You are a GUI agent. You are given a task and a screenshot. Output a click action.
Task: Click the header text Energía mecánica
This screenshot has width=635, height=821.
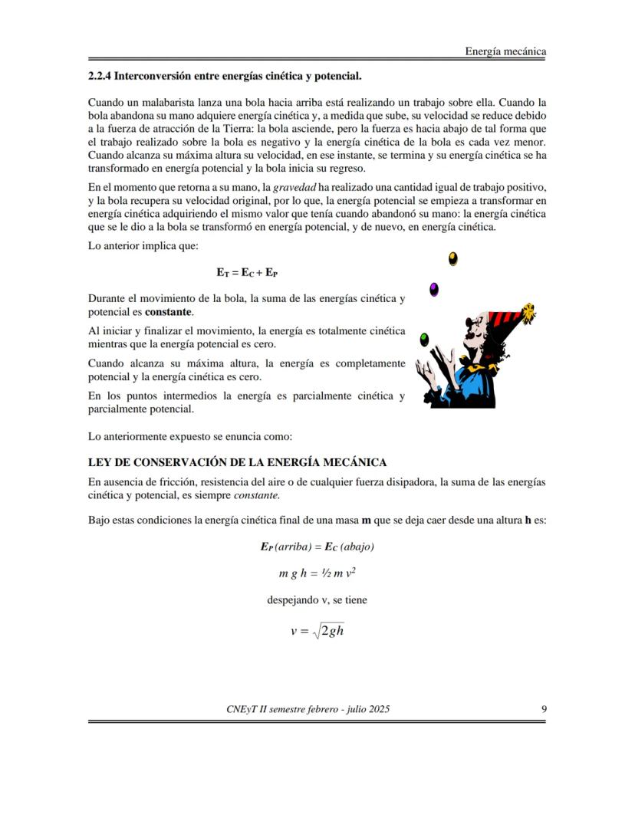tap(505, 52)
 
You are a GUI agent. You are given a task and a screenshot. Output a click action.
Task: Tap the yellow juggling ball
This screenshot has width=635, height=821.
tap(453, 258)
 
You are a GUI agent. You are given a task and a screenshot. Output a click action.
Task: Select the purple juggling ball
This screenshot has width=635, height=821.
tap(434, 289)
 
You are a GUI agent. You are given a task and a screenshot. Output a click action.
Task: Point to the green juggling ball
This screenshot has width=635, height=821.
tap(423, 338)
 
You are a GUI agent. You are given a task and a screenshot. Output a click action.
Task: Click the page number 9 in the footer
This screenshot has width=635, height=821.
tap(543, 709)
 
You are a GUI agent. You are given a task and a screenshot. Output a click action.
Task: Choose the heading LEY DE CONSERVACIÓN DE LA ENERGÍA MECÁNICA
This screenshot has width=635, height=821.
tap(237, 462)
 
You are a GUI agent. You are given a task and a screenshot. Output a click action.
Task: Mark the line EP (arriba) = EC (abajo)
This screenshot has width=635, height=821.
tap(317, 547)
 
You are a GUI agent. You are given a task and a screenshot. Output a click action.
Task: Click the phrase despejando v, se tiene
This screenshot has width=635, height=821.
tap(317, 600)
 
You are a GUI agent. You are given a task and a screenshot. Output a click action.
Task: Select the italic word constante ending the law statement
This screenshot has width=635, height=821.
tap(235, 495)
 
